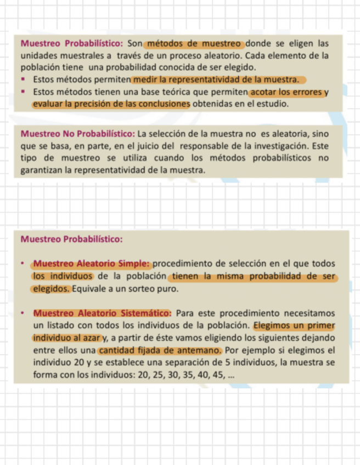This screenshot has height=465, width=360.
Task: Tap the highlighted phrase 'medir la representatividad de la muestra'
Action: [218, 80]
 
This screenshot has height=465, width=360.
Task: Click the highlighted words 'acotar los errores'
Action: [289, 92]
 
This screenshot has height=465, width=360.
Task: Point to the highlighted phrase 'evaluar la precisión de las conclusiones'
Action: [111, 104]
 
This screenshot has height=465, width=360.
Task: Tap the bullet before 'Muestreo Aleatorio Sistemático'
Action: [23, 314]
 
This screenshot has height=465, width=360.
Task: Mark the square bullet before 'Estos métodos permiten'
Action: [24, 80]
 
